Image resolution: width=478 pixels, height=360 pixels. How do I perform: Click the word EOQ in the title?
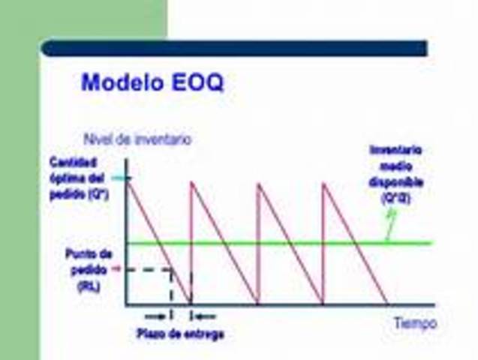coord(196,82)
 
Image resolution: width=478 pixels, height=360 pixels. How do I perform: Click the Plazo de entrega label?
coord(180,334)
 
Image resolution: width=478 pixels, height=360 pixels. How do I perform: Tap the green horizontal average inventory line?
coord(300,243)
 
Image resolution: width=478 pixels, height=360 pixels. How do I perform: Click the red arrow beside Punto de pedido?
coord(116,268)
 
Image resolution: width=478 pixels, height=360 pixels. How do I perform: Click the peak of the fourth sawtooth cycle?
coord(323,183)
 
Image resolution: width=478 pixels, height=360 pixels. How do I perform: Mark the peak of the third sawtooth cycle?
coord(257,183)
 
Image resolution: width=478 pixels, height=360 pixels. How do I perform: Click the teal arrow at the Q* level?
coord(122,178)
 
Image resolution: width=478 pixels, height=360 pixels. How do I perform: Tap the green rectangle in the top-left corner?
coord(83,19)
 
